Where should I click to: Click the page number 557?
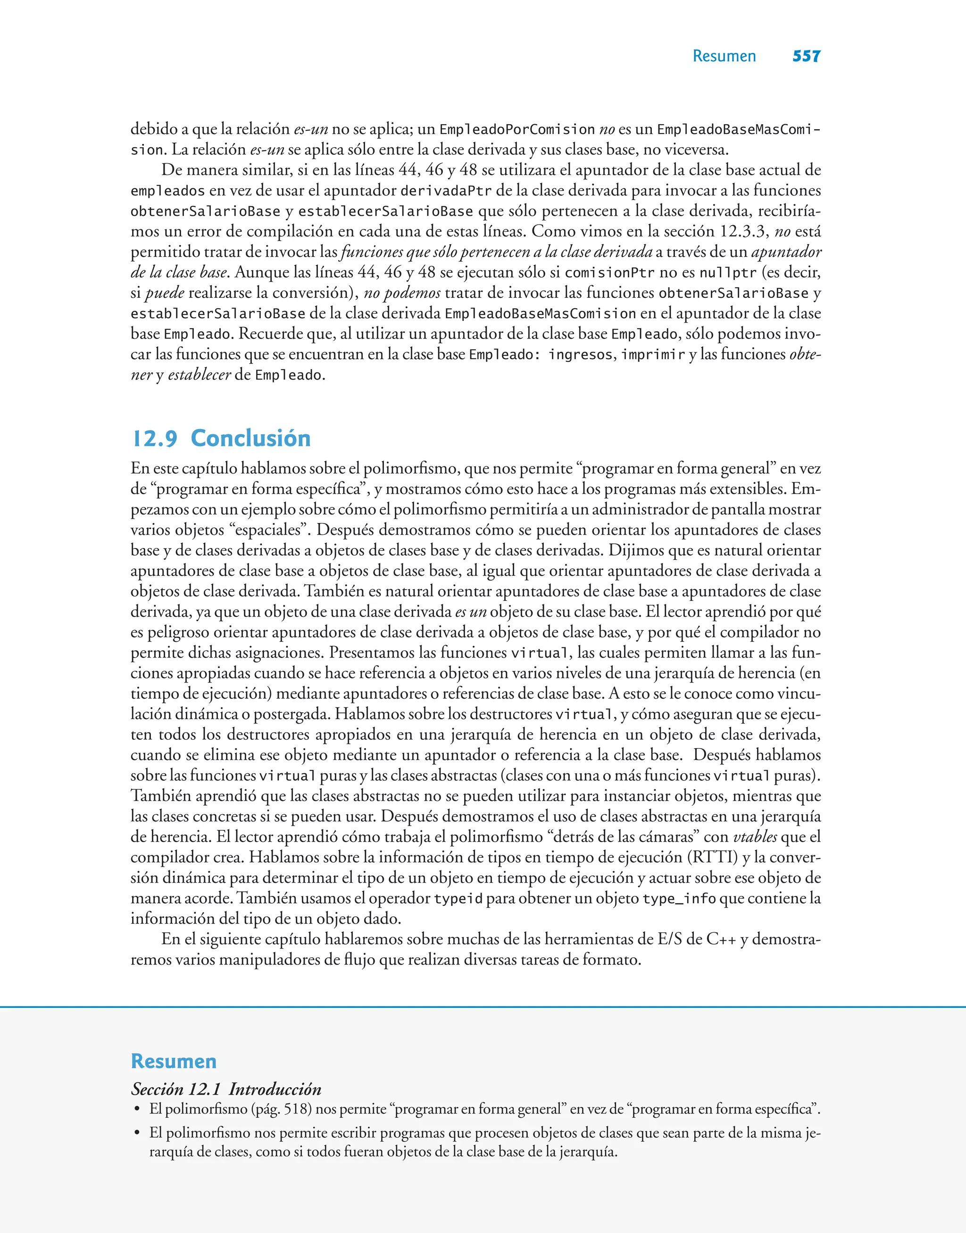(806, 56)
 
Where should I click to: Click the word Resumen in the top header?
(724, 56)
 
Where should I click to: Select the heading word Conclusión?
(250, 439)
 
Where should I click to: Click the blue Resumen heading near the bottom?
(174, 1061)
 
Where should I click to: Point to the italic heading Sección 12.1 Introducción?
(226, 1089)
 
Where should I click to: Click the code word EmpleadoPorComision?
(517, 130)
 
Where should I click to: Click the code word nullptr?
(727, 273)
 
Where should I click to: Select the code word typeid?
(458, 899)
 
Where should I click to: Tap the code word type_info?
(679, 899)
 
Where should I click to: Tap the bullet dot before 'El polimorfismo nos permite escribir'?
(136, 1133)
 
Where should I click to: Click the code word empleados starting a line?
(167, 191)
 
